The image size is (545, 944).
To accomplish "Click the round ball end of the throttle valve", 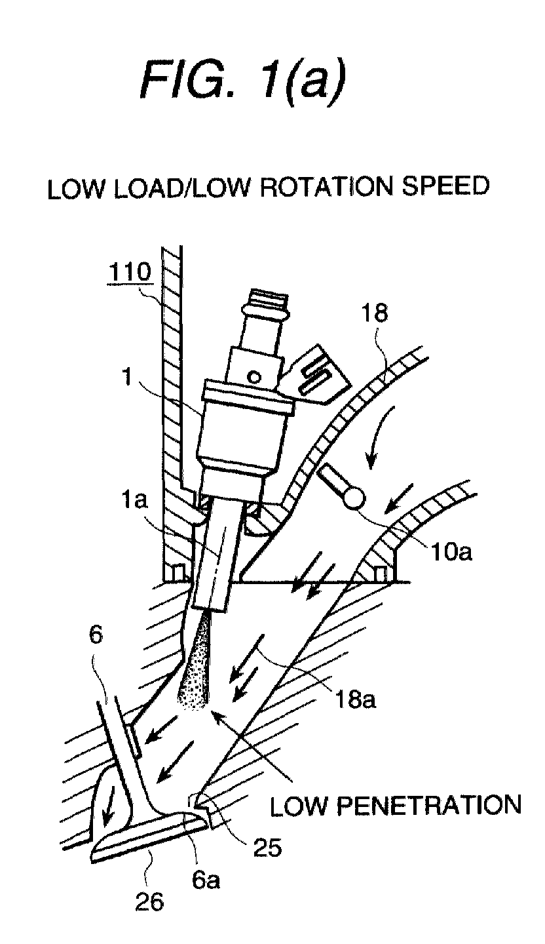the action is pyautogui.click(x=354, y=498).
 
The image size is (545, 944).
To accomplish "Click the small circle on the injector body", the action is pyautogui.click(x=253, y=376).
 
